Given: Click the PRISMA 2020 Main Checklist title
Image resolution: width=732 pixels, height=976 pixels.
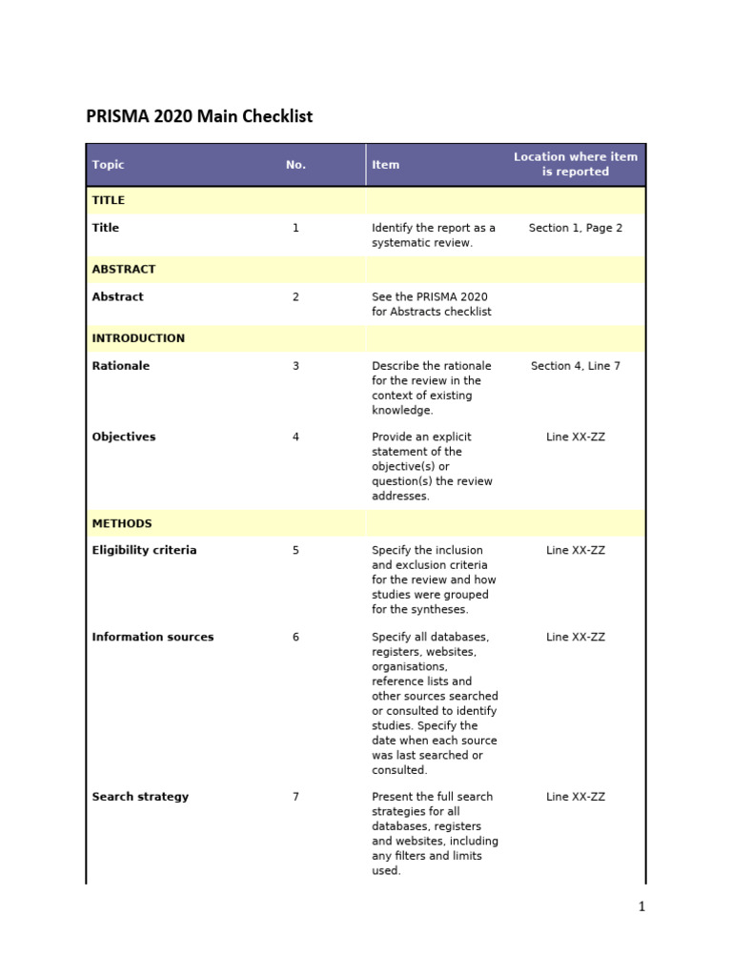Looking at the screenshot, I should pos(199,116).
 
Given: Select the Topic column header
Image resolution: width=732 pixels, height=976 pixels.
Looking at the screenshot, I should pos(108,165).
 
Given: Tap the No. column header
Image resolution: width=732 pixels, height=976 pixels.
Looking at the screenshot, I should pos(295,165).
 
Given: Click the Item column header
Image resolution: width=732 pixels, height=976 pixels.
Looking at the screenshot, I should pos(385,165).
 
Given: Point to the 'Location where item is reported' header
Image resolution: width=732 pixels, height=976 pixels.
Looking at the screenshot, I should pos(575,164).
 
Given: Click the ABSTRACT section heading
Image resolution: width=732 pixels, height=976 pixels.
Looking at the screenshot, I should pos(124,270).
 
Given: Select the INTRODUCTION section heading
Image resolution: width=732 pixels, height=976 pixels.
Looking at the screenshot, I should pos(138,338).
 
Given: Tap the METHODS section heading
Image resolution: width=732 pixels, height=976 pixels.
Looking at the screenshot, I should pos(122,523).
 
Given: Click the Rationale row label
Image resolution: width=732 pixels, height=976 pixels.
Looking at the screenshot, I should pos(120,366).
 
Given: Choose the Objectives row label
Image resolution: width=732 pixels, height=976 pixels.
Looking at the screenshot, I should pos(123,437).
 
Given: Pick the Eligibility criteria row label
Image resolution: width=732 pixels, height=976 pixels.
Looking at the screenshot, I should pos(144,551).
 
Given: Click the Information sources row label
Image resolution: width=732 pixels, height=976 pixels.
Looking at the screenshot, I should pos(152,638).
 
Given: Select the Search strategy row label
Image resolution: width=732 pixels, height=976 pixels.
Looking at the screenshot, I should pos(140,797).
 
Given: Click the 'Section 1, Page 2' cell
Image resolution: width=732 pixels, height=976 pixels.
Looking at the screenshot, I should pos(575,229).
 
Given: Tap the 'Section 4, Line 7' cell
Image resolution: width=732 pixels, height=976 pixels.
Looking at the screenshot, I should pos(575,366).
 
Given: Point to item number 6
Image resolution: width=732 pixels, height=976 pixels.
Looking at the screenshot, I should pos(295,638).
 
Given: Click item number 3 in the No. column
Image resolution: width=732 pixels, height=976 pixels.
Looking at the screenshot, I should pos(295,366).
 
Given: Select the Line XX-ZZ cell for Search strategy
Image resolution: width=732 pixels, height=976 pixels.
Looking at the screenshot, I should pos(575,797).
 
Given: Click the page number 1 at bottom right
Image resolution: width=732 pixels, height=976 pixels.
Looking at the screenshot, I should pos(641,906).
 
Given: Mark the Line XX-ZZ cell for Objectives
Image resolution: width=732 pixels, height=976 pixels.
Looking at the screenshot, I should pos(575,437).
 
